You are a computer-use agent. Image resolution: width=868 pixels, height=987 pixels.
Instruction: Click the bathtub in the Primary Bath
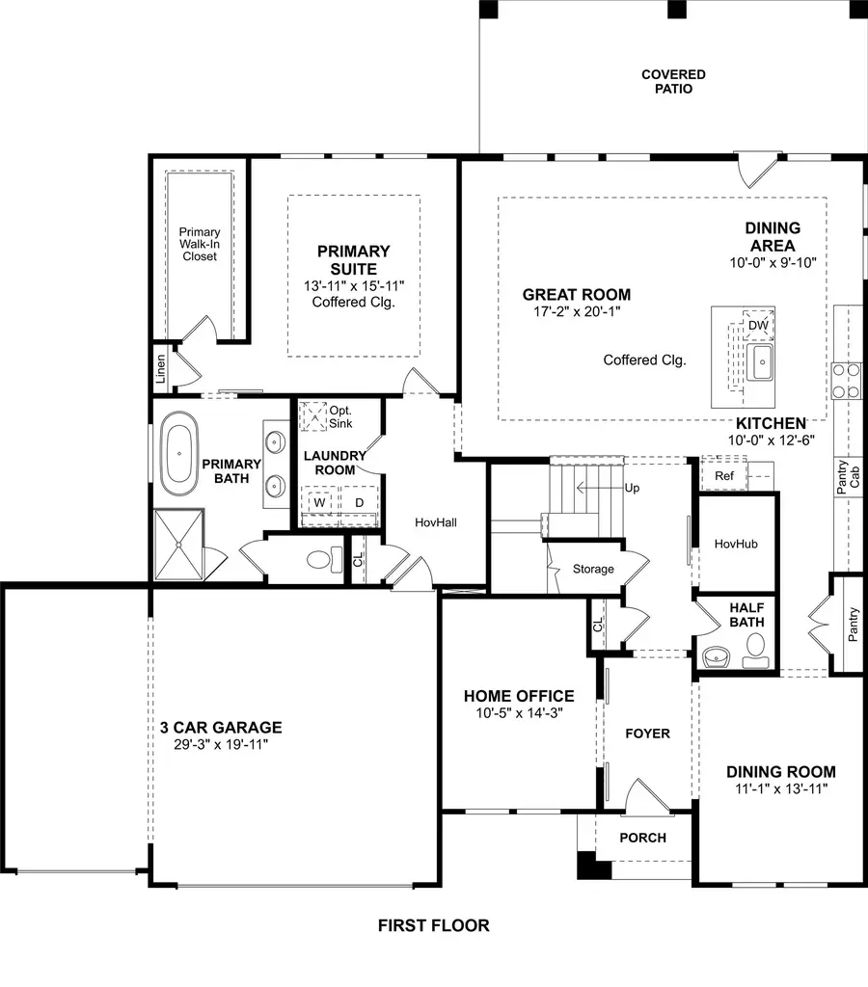tap(179, 452)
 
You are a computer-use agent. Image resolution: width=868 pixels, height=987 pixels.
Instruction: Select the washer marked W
tap(317, 503)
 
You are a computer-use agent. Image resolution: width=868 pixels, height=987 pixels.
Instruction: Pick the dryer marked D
tap(359, 503)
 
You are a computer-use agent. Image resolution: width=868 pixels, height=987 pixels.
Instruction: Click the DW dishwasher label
tap(757, 326)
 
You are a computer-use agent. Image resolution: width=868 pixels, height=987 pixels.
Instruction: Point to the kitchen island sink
tap(760, 365)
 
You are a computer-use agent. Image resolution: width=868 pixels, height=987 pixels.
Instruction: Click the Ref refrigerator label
tap(723, 475)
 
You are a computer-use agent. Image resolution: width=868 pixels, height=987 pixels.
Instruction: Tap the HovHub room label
tap(736, 544)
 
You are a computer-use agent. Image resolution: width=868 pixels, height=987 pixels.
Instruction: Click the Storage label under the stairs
tap(593, 569)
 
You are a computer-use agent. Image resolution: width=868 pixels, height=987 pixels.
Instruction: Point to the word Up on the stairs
tap(632, 488)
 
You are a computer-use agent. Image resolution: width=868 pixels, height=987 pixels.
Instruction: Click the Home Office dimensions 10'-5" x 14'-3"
tap(519, 714)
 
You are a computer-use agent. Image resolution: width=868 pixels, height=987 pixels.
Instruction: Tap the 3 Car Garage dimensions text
tap(221, 745)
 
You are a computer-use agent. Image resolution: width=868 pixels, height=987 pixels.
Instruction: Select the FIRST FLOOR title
tap(433, 926)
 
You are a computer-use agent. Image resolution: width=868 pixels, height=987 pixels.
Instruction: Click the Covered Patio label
tap(673, 82)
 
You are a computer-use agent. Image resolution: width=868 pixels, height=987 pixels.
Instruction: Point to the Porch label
tap(642, 838)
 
